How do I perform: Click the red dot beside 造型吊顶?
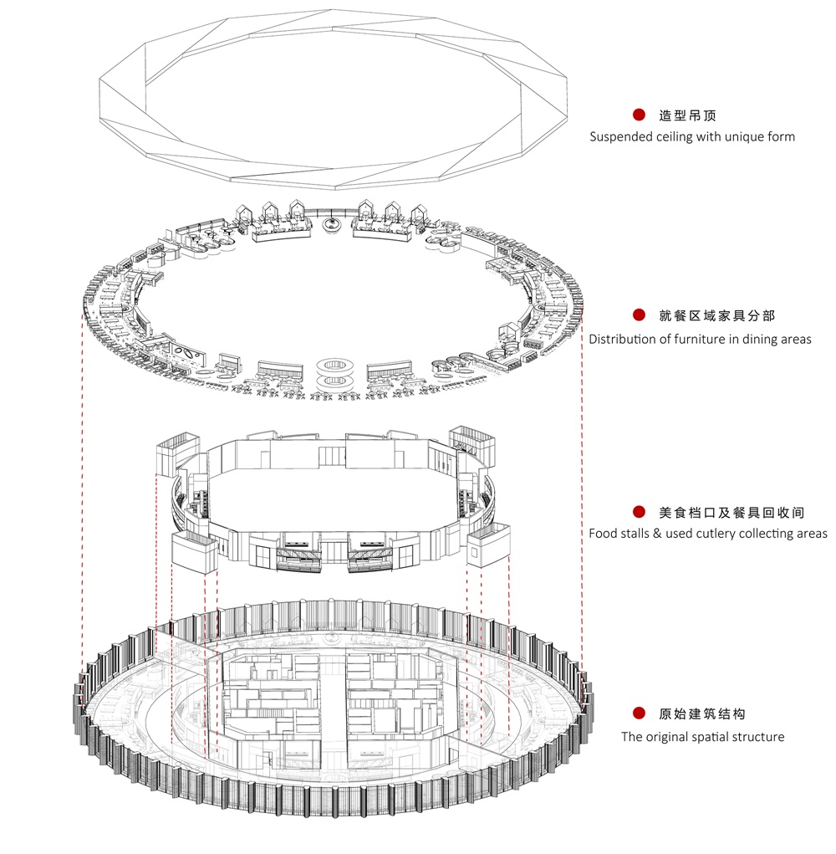(x=639, y=115)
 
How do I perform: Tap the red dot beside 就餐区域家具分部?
(x=639, y=314)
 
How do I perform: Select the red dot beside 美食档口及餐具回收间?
(x=639, y=511)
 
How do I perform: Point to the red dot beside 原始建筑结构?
(x=639, y=713)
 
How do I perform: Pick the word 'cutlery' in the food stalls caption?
(x=715, y=534)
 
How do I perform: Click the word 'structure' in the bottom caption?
(x=759, y=737)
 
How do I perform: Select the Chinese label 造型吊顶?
(x=687, y=115)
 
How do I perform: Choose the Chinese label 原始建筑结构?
(x=702, y=713)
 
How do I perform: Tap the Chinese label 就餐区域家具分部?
(x=716, y=315)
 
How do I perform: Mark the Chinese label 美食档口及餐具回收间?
(x=731, y=512)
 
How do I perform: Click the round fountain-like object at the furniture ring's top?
(x=331, y=224)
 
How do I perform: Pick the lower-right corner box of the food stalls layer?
(x=488, y=545)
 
